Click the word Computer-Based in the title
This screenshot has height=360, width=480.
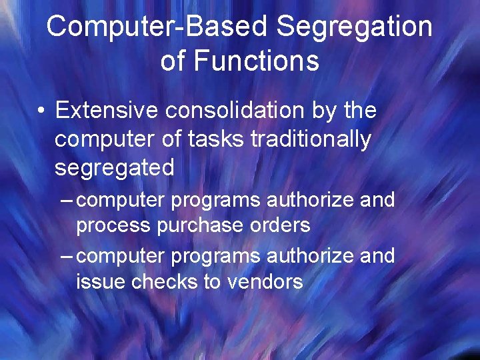157,27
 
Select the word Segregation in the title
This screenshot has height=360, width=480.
354,27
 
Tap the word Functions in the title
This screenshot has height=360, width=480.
256,61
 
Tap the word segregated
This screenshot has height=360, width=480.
114,167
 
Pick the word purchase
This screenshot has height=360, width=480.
200,226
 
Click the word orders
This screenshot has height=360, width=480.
280,226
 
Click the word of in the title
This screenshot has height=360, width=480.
172,61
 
